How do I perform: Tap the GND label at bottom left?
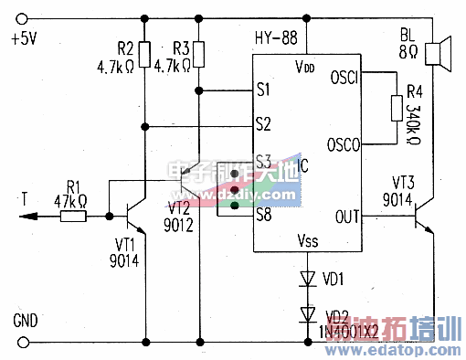[25, 322]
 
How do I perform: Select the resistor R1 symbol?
[73, 217]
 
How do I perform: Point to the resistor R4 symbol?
[395, 109]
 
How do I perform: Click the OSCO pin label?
[344, 143]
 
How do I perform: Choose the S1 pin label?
[263, 90]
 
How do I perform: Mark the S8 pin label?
[263, 217]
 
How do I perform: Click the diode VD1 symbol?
[308, 277]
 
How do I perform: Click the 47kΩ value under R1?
[70, 200]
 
